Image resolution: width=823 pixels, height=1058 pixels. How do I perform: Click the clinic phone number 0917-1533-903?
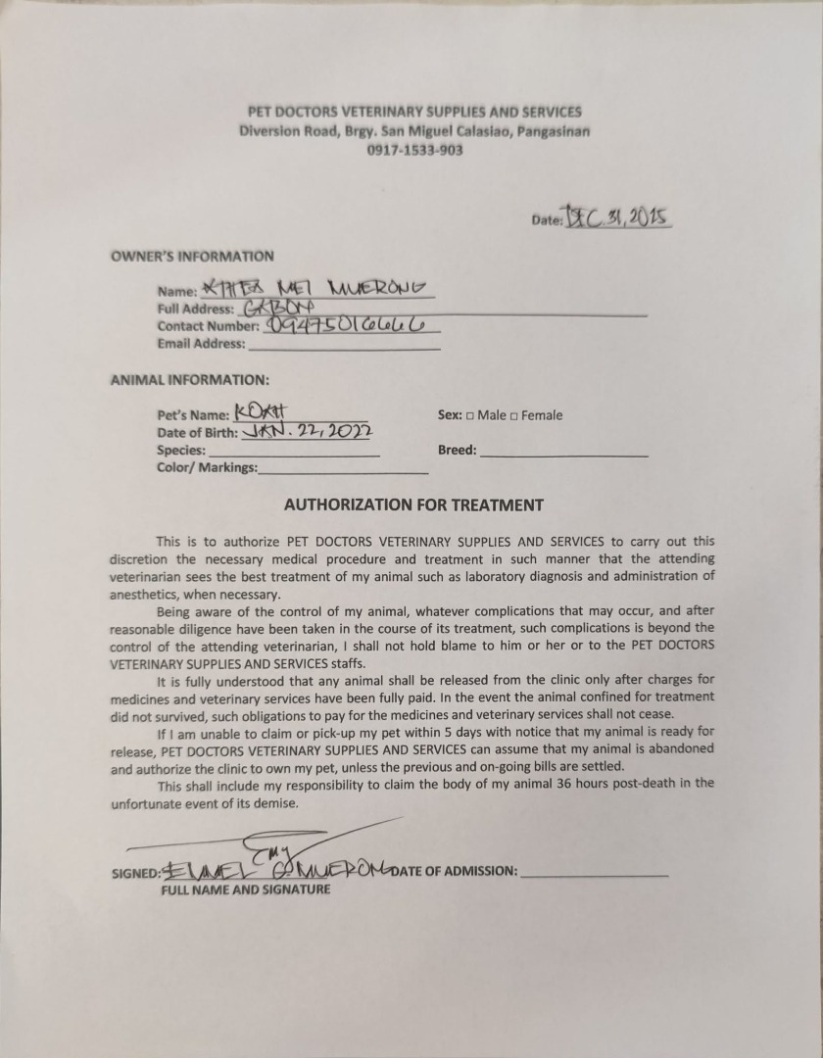415,150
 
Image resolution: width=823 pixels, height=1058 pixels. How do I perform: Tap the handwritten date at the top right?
616,217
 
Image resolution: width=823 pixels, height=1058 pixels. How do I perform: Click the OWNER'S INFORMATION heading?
192,257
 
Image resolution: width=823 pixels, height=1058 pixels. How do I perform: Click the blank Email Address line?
344,345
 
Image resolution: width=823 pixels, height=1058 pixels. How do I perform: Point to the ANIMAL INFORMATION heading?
189,379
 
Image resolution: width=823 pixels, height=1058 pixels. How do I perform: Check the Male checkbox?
470,415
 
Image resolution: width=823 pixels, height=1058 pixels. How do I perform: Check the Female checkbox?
514,415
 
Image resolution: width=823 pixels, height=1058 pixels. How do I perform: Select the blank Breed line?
564,452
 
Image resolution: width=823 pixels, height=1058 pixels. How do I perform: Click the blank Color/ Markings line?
343,468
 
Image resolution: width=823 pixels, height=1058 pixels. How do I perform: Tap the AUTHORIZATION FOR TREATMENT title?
413,505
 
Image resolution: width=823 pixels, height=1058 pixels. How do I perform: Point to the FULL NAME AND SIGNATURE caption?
246,890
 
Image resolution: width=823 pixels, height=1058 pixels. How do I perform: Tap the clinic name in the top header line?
415,112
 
